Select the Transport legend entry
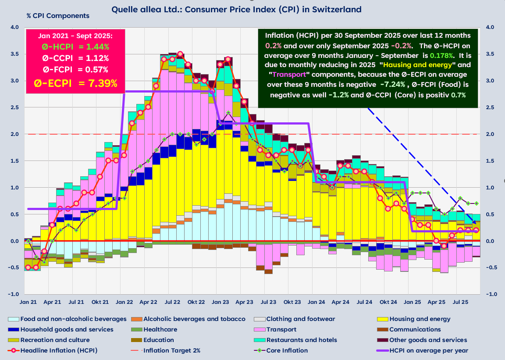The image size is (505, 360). [281, 329]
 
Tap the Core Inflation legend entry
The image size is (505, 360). [287, 350]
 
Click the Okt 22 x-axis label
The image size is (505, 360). [196, 302]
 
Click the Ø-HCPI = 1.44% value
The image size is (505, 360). [75, 46]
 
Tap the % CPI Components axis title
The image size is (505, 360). [57, 16]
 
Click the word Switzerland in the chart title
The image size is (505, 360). [337, 9]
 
